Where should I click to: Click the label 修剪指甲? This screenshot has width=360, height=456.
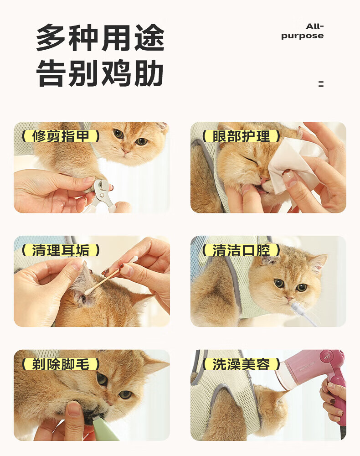(x=61, y=136)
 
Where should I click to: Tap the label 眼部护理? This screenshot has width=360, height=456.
(x=241, y=136)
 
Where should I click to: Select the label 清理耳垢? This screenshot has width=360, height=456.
(x=61, y=250)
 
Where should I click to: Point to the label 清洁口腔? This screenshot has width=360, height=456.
(x=241, y=250)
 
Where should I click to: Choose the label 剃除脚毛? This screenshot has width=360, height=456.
(x=61, y=364)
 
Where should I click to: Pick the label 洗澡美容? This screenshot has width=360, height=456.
(x=241, y=364)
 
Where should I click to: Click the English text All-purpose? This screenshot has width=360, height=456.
(x=302, y=31)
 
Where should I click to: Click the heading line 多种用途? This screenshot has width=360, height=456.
(x=101, y=38)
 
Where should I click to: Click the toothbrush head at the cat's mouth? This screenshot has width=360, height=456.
(x=296, y=307)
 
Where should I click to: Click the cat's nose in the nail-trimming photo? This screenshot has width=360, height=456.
(x=126, y=151)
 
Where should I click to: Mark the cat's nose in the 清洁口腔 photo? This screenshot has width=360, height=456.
(x=289, y=298)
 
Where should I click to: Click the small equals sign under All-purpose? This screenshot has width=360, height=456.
(x=321, y=84)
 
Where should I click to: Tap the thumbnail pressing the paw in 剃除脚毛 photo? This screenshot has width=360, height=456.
(x=74, y=409)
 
